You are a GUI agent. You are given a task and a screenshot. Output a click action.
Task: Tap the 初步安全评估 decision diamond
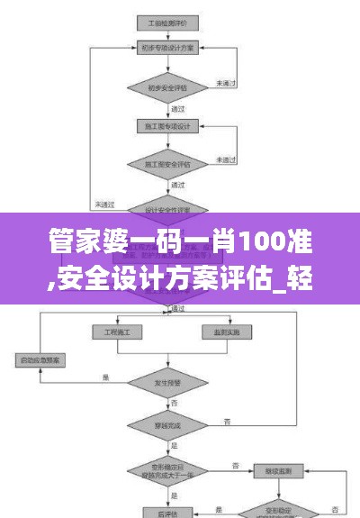(167, 88)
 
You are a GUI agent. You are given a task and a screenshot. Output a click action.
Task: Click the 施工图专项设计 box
(167, 127)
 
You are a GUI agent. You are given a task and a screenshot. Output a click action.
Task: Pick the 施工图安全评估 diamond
(167, 165)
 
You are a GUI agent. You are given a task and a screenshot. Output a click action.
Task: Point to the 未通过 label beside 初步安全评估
(225, 83)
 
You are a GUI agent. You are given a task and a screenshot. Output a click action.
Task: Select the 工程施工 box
(117, 333)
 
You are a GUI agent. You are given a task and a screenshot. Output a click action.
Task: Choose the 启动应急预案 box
(46, 360)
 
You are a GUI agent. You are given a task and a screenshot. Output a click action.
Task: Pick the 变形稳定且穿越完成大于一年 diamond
(167, 469)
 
